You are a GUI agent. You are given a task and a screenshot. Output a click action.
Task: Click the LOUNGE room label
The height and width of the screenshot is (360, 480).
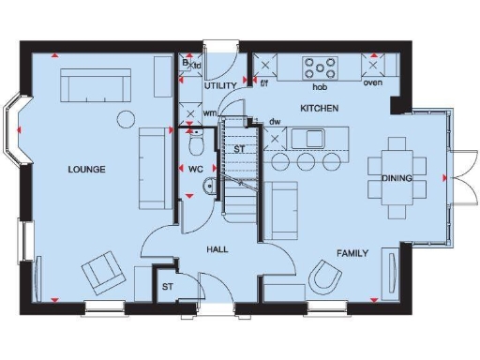86,170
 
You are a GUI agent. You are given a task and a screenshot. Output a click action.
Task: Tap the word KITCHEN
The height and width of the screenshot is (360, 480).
319,109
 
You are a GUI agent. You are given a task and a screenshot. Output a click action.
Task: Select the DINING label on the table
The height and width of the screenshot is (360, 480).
397,178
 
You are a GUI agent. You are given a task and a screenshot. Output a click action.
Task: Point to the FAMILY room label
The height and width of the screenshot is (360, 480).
352,253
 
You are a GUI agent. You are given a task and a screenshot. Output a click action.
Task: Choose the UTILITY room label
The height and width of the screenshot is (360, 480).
220,85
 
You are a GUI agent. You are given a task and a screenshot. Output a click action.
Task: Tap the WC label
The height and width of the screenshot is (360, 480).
196,170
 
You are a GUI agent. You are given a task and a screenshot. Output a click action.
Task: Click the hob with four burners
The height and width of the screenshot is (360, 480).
320,67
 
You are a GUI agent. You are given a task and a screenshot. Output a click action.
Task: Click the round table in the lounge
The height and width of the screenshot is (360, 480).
126,118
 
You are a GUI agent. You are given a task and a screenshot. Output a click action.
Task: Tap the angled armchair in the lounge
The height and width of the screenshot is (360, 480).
102,273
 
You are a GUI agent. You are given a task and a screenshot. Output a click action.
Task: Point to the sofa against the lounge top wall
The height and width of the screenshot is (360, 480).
97,88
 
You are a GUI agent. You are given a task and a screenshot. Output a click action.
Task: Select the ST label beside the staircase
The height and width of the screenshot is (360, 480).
239,149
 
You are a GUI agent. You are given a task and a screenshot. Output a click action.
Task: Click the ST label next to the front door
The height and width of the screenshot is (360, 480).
168,287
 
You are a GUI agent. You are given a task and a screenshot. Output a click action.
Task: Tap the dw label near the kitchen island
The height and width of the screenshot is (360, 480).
275,122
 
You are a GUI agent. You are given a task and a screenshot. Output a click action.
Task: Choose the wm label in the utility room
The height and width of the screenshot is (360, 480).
210,113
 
